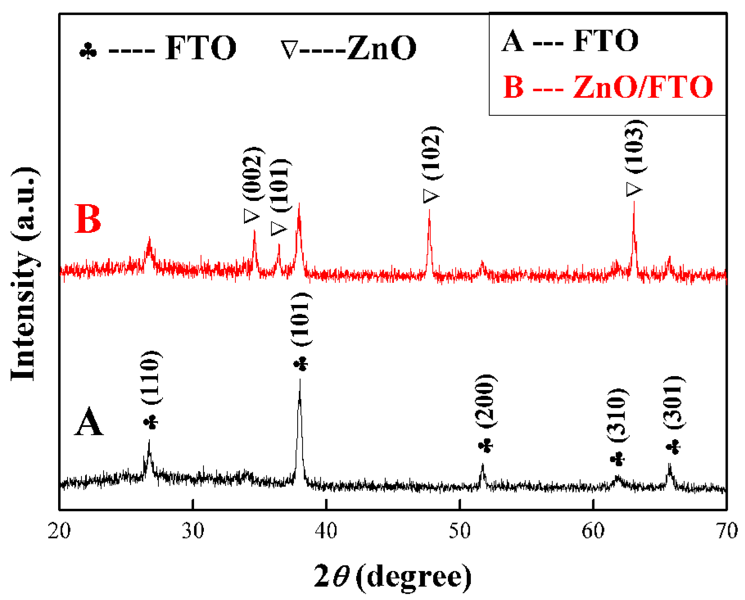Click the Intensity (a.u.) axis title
(25, 274)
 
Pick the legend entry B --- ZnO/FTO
(607, 87)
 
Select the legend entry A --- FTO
(570, 41)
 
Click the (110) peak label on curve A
(151, 377)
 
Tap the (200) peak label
(486, 401)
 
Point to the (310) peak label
(617, 415)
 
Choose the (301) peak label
(673, 402)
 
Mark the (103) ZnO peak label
(635, 147)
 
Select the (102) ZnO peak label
(432, 153)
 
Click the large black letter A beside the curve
(88, 422)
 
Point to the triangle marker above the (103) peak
(634, 189)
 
